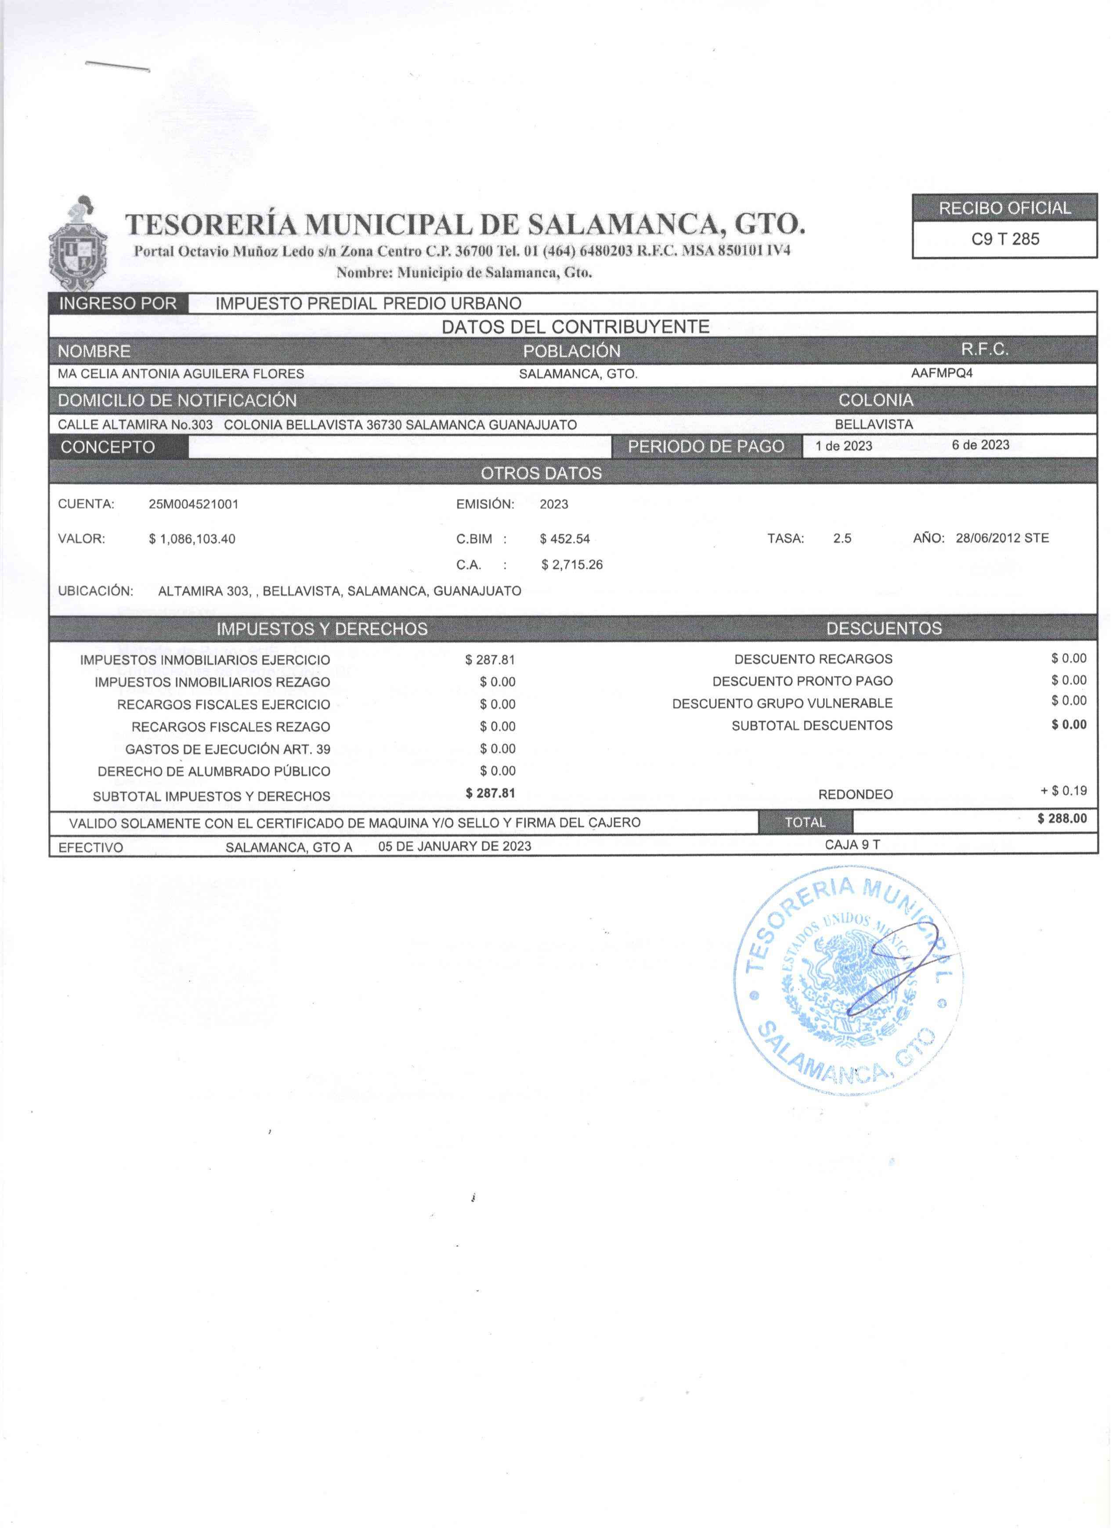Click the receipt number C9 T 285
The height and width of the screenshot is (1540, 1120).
(1004, 239)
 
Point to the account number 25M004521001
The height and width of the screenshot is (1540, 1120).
(194, 505)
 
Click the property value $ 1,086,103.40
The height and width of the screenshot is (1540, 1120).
(192, 539)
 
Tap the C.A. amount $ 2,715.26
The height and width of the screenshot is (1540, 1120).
(572, 565)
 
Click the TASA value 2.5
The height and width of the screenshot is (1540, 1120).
(842, 538)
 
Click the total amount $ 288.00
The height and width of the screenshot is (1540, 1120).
(1062, 819)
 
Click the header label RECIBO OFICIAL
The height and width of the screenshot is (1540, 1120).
(1004, 209)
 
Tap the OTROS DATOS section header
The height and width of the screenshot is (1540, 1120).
(541, 473)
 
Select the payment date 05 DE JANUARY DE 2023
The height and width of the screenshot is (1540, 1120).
(455, 847)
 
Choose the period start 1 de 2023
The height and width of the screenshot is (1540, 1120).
(844, 446)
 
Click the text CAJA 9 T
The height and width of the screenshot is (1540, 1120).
(853, 845)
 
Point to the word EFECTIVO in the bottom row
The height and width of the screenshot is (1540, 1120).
(91, 848)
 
